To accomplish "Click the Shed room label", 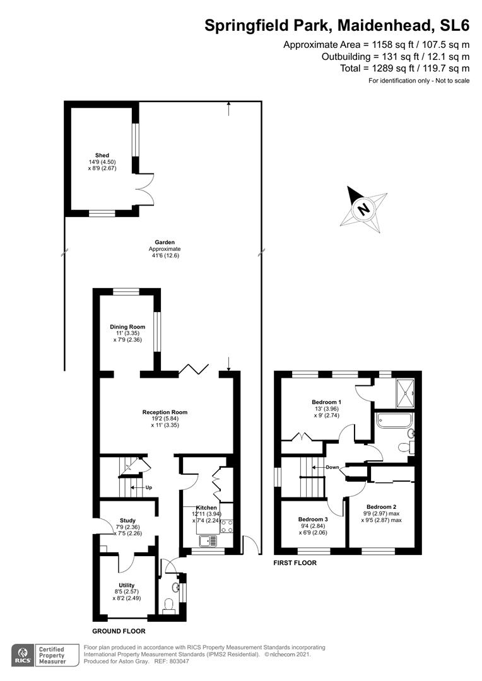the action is click(x=102, y=155).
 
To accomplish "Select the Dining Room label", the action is click(x=127, y=327).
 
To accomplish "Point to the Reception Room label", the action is click(x=165, y=412).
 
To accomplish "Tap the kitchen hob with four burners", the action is click(x=227, y=526).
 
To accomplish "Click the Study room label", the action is click(x=128, y=520).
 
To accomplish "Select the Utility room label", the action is click(x=126, y=585).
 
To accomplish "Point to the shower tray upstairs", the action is click(x=405, y=393).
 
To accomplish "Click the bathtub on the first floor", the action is click(x=394, y=421).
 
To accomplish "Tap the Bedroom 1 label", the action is click(x=326, y=402).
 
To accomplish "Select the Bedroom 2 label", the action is click(x=381, y=507).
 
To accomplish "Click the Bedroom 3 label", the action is click(x=313, y=520).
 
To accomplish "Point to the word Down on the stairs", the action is click(x=332, y=467).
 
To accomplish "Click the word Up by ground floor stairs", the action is click(x=149, y=487).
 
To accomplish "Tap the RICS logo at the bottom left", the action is click(x=23, y=655).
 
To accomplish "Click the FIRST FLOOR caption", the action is click(x=295, y=563).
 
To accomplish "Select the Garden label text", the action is click(x=165, y=242).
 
